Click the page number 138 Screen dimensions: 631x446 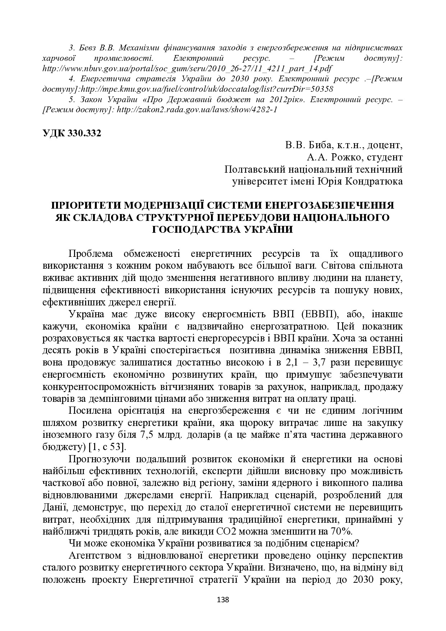click(x=223, y=600)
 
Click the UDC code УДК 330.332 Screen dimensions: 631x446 click(x=72, y=133)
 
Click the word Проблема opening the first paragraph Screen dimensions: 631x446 click(x=91, y=254)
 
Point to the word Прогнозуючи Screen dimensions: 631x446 click(x=99, y=459)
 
